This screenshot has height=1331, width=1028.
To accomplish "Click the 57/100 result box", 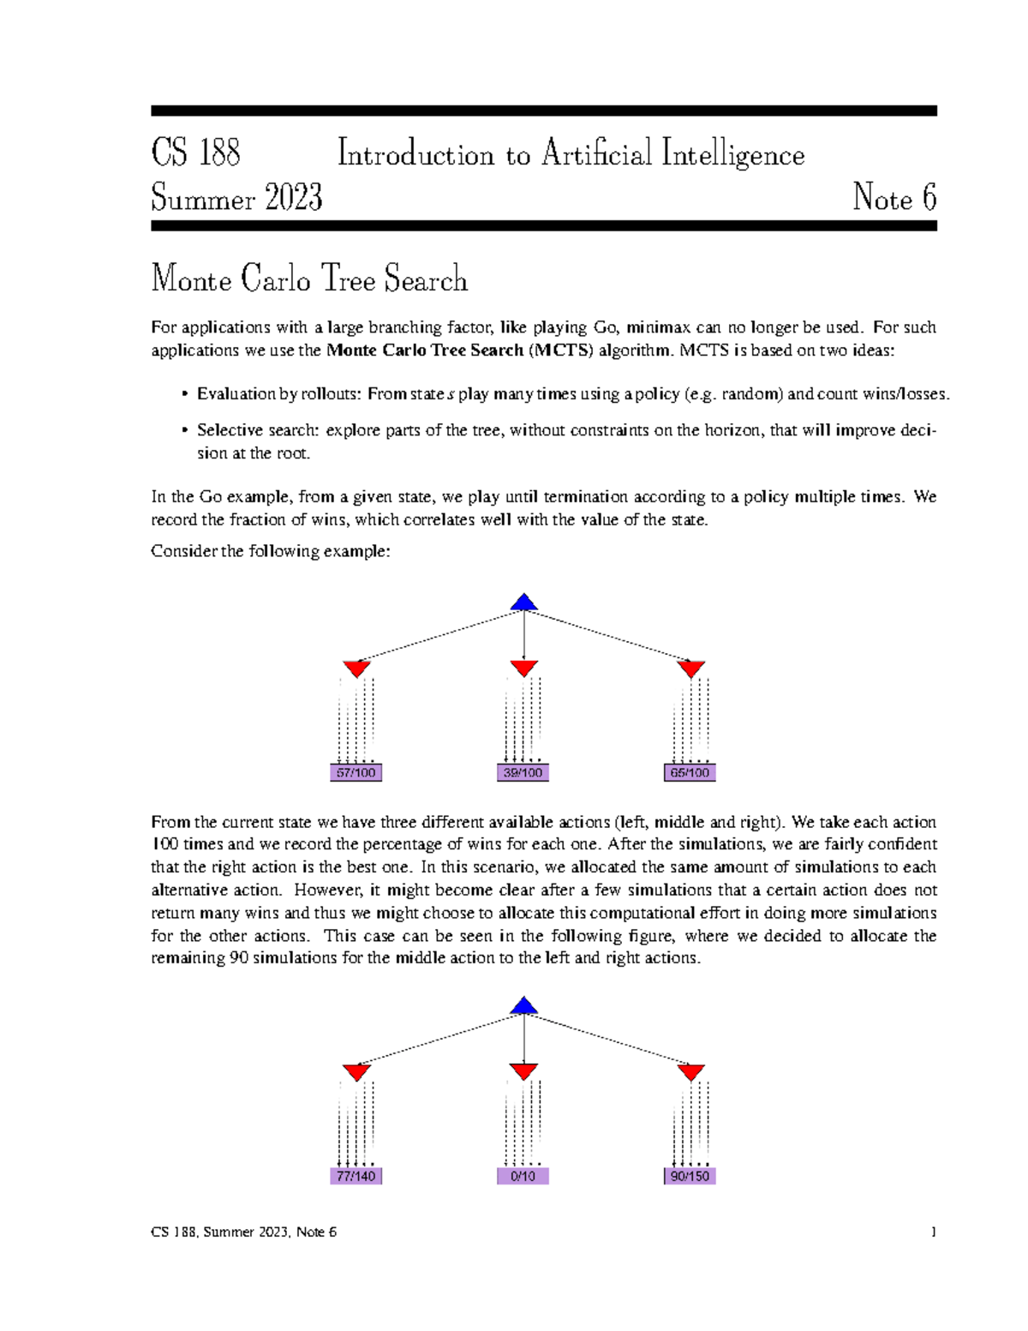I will click(x=356, y=773).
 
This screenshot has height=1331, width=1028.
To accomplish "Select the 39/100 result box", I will click(x=523, y=773).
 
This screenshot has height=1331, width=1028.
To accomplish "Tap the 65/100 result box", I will click(x=690, y=773).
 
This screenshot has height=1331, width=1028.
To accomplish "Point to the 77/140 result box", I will click(x=356, y=1176).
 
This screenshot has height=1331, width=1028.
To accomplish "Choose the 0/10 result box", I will click(x=523, y=1176).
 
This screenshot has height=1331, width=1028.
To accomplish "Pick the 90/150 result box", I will click(x=690, y=1176).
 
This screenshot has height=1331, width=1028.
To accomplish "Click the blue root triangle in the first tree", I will click(x=523, y=603).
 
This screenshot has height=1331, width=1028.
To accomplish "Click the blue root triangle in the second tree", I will click(x=523, y=1006).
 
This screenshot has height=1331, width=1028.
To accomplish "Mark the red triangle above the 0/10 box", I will click(x=523, y=1071).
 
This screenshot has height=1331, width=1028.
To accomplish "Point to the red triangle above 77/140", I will click(x=356, y=1071).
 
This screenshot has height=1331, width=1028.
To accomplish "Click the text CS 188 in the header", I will click(x=195, y=154).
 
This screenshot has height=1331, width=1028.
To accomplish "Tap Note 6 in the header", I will click(x=894, y=199).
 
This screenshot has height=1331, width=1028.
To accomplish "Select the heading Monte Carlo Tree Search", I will click(x=309, y=279).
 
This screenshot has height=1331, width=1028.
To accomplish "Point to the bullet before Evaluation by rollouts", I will click(x=184, y=394).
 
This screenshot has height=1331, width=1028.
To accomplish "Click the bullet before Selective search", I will click(x=184, y=431).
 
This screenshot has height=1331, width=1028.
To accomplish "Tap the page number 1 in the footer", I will click(x=933, y=1232).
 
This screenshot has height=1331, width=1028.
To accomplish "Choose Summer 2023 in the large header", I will click(x=236, y=199).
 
